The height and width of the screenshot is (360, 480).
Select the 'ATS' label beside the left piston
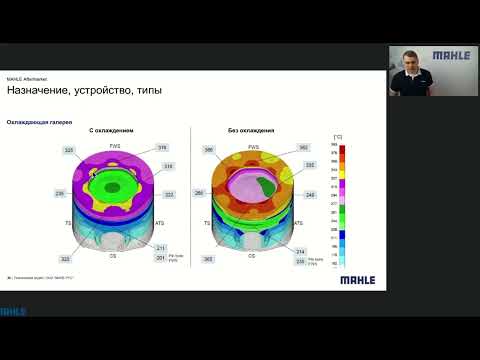point(160,224)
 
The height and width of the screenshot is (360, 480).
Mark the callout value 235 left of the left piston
point(59,193)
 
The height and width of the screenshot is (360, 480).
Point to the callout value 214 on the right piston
point(300,252)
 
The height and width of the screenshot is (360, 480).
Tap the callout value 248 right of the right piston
point(310,195)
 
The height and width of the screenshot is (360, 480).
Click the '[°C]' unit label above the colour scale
point(340,134)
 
